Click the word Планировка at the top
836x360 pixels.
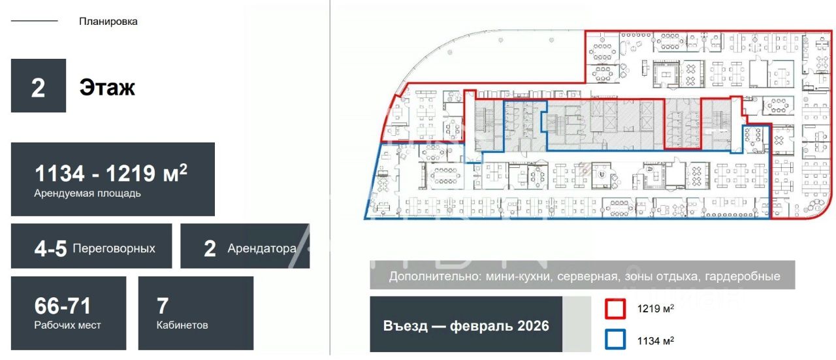[x=108, y=22]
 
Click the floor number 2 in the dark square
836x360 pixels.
[x=39, y=87]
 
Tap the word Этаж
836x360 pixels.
[x=107, y=87]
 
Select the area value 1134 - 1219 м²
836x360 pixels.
[x=111, y=173]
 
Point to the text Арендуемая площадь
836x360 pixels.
[x=88, y=193]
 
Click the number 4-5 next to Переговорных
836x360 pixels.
[x=50, y=248]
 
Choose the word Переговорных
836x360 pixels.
[x=114, y=248]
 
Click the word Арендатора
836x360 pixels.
[x=262, y=248]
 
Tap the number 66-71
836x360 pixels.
[x=63, y=305]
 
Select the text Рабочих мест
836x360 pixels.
[x=68, y=325]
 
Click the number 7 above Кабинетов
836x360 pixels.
[x=163, y=305]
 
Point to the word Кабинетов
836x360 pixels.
[x=182, y=325]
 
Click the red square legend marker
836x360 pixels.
[x=615, y=309]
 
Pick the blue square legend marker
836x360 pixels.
[x=615, y=340]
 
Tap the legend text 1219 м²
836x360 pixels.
[x=656, y=309]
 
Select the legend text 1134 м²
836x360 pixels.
[x=656, y=340]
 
